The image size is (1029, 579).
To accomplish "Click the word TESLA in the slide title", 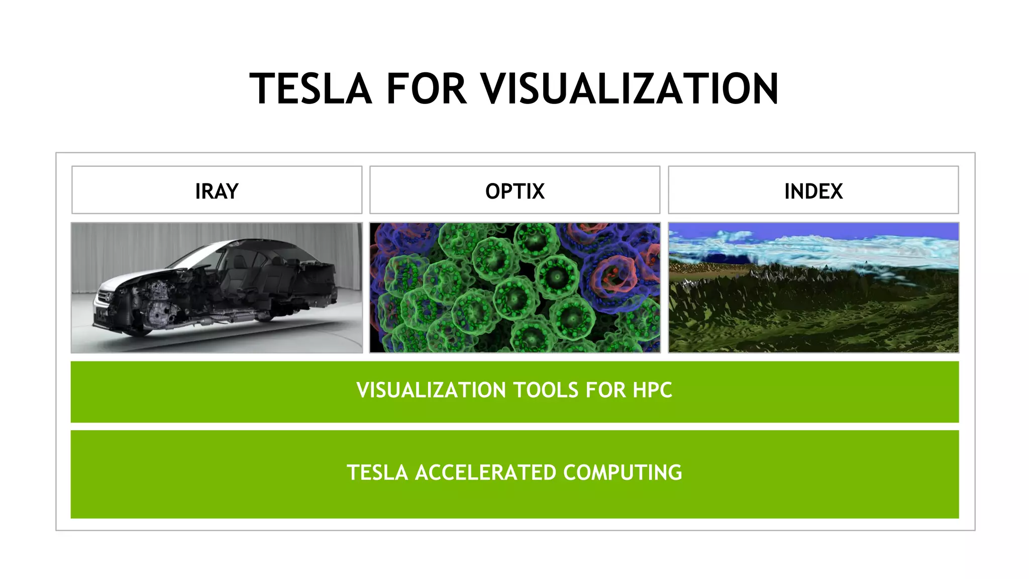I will (310, 89).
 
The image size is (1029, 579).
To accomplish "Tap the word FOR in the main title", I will (426, 89).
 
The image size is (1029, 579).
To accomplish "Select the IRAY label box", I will (217, 190).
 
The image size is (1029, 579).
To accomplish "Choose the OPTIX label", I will (514, 190).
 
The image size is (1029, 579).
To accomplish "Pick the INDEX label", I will (813, 190).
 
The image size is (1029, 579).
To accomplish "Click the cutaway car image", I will (217, 287).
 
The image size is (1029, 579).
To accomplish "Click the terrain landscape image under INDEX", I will (813, 302).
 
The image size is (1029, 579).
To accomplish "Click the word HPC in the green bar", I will (652, 391).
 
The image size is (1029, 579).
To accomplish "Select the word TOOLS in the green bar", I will (545, 391).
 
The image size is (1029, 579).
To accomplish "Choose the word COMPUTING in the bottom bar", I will (623, 473).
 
